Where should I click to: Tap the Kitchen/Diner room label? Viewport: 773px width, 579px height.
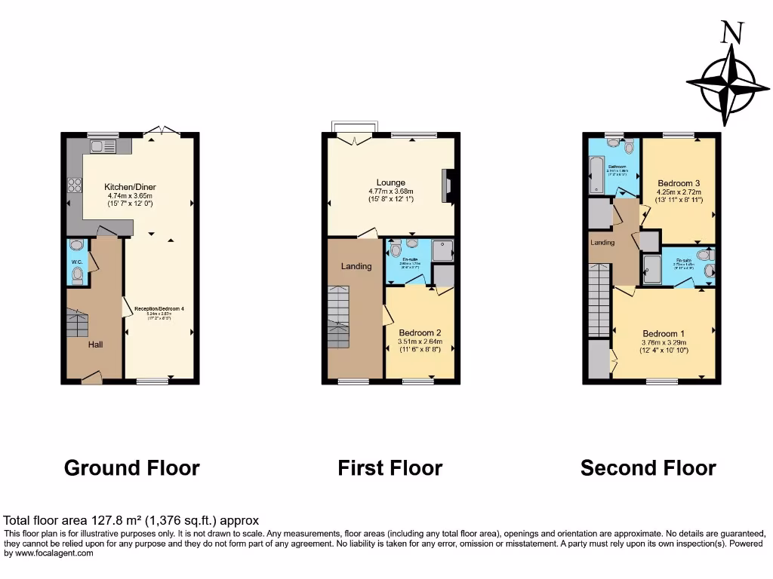click(130, 187)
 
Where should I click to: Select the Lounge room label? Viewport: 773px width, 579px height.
click(391, 182)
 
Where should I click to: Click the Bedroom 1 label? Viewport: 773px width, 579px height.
click(664, 334)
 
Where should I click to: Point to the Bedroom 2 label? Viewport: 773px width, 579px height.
click(420, 332)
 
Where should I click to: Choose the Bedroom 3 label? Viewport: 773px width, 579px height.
click(679, 183)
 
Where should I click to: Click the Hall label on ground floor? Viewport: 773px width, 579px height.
click(94, 345)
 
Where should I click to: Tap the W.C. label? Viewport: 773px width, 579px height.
click(77, 262)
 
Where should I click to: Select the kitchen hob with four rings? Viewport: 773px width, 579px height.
click(75, 185)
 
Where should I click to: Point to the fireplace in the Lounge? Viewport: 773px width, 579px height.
click(449, 182)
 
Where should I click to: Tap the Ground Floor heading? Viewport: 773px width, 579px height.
click(132, 468)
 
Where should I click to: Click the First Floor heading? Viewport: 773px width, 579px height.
click(390, 468)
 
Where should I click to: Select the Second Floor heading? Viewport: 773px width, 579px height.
click(648, 468)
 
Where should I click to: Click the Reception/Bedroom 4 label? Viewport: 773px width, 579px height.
click(159, 308)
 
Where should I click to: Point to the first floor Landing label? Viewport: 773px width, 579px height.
click(356, 266)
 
